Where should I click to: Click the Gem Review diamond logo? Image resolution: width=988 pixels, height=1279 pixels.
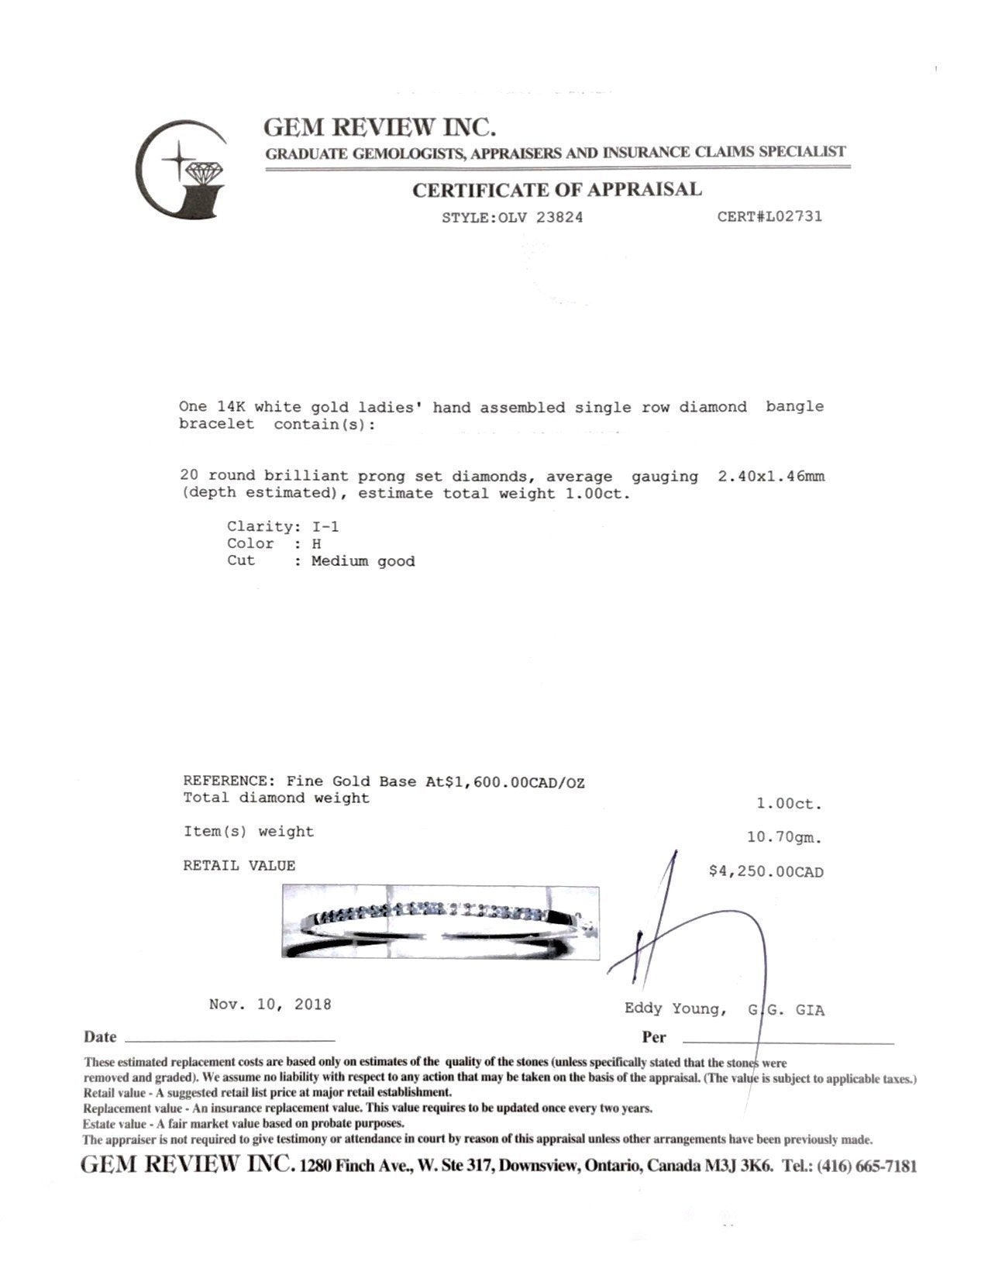tap(181, 169)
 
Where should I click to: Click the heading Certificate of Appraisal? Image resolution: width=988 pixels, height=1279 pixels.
tap(556, 189)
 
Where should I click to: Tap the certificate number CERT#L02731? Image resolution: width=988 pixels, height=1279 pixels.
tap(769, 216)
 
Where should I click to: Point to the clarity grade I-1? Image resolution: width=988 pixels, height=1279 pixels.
tap(325, 527)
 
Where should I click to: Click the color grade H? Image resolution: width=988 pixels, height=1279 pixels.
tap(316, 544)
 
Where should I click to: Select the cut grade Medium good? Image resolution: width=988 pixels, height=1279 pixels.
tap(363, 561)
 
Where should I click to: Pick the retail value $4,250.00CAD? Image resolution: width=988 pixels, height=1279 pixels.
tap(766, 871)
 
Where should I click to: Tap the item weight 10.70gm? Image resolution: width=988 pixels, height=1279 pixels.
tap(783, 837)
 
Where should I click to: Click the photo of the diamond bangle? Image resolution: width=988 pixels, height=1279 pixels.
tap(440, 921)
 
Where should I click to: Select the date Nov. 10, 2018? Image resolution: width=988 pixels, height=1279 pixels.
tap(270, 1005)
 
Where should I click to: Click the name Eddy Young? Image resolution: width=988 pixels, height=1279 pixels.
tap(674, 1008)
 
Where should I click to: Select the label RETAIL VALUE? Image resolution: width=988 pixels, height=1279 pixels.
tap(239, 866)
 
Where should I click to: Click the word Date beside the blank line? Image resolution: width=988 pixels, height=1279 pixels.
tap(100, 1037)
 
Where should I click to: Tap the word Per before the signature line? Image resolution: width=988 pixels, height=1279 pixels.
tap(653, 1037)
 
